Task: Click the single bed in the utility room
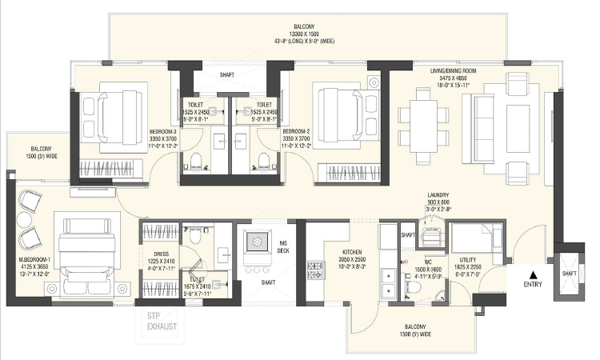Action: pos(477,234)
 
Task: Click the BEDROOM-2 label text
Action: pos(296,130)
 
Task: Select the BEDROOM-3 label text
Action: pos(162,130)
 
